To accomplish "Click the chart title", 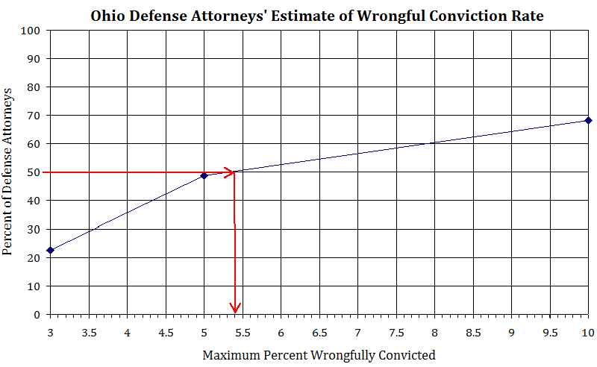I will point(317,15).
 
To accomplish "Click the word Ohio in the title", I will point(107,15).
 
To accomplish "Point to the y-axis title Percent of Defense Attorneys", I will point(9,171).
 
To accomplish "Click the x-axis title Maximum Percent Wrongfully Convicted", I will point(319,355).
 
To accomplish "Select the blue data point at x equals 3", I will point(51,250).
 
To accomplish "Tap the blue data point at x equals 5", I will point(204,175).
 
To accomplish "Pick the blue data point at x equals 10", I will point(588,120).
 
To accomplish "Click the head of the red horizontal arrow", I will point(231,172).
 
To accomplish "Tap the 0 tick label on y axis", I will point(37,314).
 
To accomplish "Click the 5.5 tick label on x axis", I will point(243,330).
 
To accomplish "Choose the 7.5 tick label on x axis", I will point(396,330).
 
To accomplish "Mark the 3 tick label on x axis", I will point(51,330).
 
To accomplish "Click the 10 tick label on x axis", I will point(587,330).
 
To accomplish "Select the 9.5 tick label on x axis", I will point(549,330).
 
